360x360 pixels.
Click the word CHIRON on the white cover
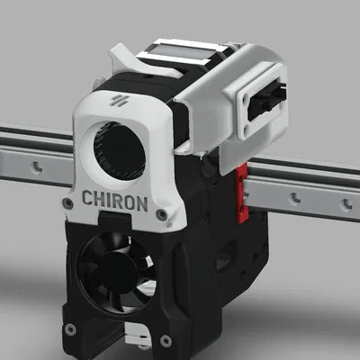[x=114, y=201]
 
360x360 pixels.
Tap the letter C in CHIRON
[x=88, y=201]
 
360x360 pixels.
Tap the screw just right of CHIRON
[x=160, y=214]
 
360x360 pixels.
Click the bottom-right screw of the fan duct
[x=165, y=340]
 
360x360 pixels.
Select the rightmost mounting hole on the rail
[x=346, y=206]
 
